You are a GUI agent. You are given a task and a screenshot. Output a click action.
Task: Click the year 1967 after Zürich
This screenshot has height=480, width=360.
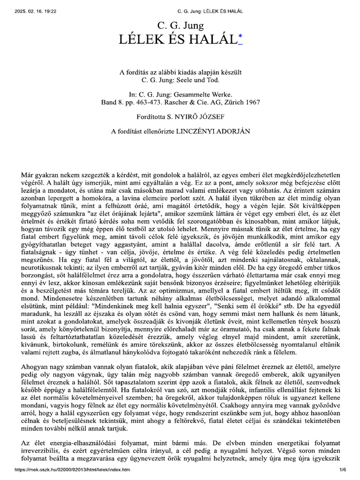click(251, 101)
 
